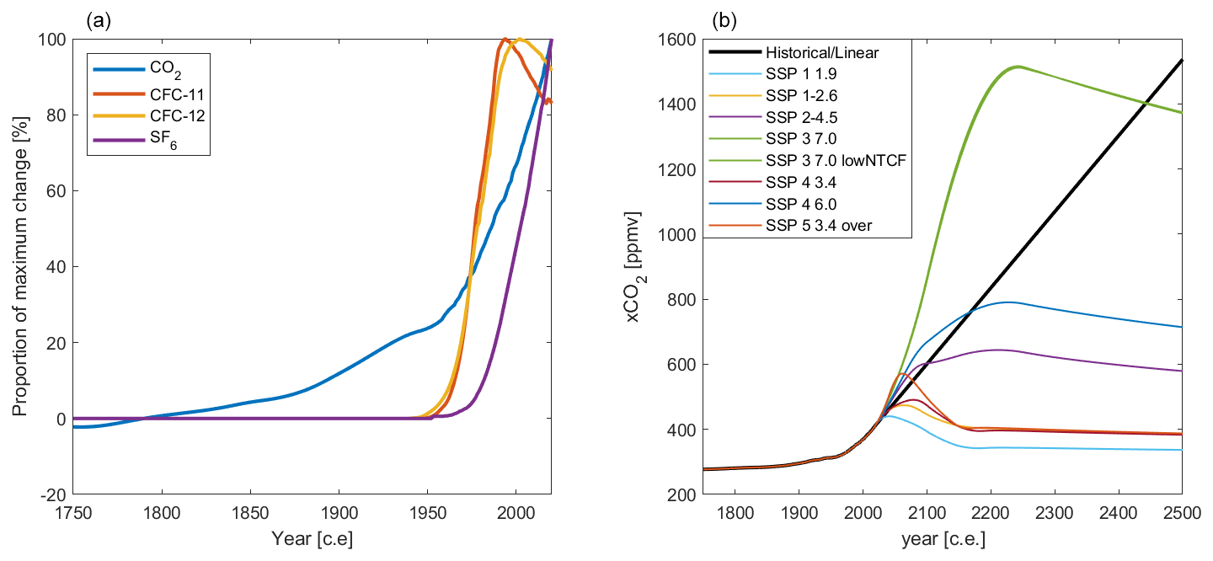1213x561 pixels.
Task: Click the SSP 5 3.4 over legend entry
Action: click(x=809, y=226)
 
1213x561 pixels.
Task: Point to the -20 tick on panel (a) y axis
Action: click(x=56, y=494)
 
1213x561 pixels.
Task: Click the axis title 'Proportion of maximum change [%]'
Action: click(x=19, y=267)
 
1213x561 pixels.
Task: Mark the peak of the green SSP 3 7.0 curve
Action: click(x=1018, y=66)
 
